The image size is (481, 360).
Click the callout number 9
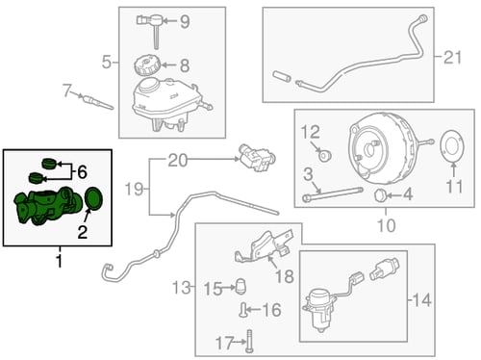tap(185, 22)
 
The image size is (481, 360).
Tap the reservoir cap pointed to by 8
tap(146, 65)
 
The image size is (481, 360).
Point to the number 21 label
tap(452, 58)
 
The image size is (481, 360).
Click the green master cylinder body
tap(46, 206)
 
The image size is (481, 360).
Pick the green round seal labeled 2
tap(94, 198)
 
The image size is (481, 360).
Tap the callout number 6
tap(82, 172)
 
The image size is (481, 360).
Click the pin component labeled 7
tap(97, 101)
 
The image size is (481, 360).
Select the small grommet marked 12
tap(325, 156)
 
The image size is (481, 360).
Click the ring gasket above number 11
tap(452, 146)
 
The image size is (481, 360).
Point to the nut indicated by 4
tap(380, 195)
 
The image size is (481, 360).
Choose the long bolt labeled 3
tap(333, 194)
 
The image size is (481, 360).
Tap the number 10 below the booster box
tap(386, 225)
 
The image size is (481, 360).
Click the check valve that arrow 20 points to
tap(257, 157)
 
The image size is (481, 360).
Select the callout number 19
tap(134, 189)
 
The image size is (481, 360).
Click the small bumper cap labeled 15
tap(241, 285)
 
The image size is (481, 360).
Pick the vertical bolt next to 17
tap(249, 341)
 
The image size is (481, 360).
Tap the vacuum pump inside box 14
tap(320, 309)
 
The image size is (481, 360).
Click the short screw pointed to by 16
tap(242, 310)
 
